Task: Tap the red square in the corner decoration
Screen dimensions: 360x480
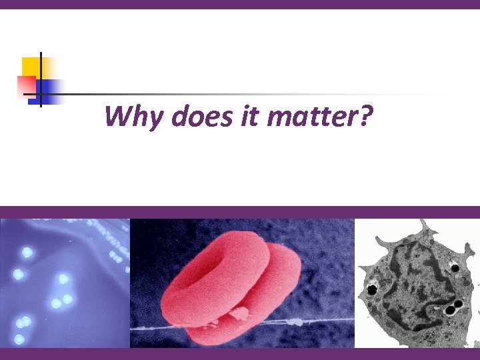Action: [25, 85]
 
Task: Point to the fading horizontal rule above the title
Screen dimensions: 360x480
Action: [233, 94]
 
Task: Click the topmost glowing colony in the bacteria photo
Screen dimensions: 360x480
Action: [27, 253]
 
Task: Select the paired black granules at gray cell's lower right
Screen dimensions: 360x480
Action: [453, 307]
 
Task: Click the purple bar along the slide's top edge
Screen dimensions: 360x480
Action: [240, 4]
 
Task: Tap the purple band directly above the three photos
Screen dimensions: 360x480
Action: [240, 212]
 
